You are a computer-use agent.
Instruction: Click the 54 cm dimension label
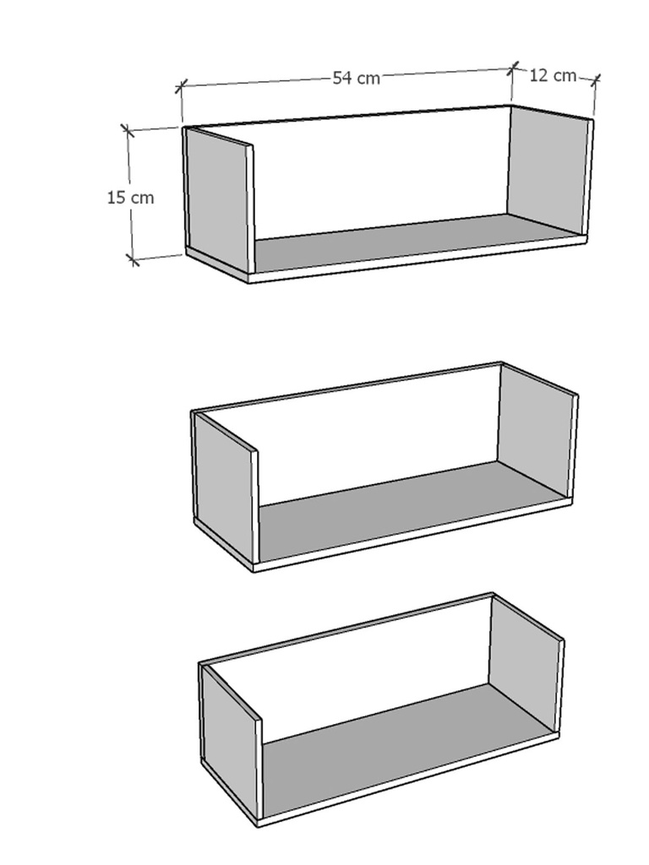click(x=357, y=78)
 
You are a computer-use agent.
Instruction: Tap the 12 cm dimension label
click(x=553, y=75)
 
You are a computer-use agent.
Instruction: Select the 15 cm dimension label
click(x=131, y=197)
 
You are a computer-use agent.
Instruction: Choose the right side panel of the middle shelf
click(x=537, y=431)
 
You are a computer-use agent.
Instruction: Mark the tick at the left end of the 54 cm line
click(x=182, y=86)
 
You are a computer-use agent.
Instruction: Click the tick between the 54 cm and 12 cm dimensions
click(x=513, y=68)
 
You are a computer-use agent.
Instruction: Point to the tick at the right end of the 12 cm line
click(x=596, y=80)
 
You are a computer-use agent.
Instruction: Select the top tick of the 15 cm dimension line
click(x=128, y=130)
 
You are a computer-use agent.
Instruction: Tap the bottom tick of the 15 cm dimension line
click(x=133, y=258)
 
